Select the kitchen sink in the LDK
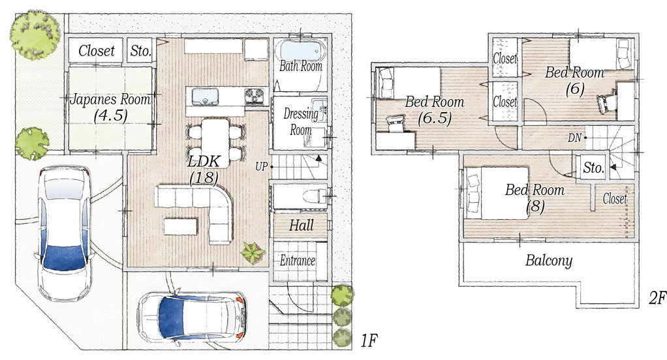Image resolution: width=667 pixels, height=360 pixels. pyautogui.click(x=205, y=97)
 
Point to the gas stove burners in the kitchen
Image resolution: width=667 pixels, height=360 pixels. pyautogui.click(x=256, y=97)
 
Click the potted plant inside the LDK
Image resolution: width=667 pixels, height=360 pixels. pyautogui.click(x=253, y=252)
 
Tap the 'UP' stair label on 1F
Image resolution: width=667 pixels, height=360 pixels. pyautogui.click(x=261, y=166)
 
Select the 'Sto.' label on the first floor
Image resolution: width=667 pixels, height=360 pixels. pyautogui.click(x=140, y=51)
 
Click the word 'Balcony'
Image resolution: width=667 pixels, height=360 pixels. pyautogui.click(x=549, y=260)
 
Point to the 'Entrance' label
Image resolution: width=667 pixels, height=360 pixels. pyautogui.click(x=298, y=260)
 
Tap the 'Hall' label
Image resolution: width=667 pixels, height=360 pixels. pyautogui.click(x=301, y=225)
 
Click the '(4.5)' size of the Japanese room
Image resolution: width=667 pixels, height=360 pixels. pyautogui.click(x=110, y=115)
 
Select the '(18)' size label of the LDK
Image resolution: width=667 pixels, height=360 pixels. pyautogui.click(x=205, y=177)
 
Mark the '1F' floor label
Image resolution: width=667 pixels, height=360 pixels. pyautogui.click(x=369, y=341)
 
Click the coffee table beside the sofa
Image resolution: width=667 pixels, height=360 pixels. pyautogui.click(x=181, y=226)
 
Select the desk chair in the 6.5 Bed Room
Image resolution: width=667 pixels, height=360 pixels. pyautogui.click(x=396, y=124)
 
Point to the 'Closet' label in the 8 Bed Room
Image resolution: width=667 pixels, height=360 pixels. pyautogui.click(x=615, y=198)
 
